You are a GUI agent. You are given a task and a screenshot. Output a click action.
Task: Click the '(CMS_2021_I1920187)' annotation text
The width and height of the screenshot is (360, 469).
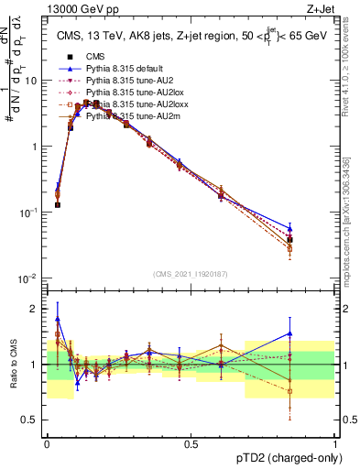(x=191, y=273)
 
